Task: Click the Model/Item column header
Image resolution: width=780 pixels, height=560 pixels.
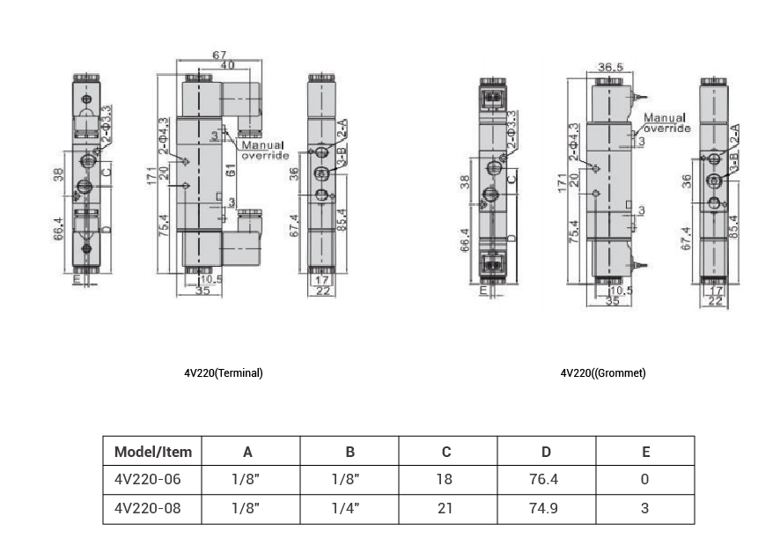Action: (x=152, y=452)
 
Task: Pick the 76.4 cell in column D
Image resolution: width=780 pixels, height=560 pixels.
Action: (x=546, y=480)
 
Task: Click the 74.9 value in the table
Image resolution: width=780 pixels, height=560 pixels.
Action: (x=546, y=508)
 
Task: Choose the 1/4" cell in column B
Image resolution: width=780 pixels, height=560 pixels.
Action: (x=350, y=508)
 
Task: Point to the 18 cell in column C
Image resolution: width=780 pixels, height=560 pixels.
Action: (x=446, y=480)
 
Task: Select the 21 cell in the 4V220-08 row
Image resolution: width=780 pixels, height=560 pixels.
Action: (x=446, y=508)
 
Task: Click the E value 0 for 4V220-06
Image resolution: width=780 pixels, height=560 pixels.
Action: (x=644, y=480)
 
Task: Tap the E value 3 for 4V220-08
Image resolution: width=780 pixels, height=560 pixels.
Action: (x=644, y=508)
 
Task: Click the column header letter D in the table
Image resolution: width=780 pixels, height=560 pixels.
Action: (x=546, y=452)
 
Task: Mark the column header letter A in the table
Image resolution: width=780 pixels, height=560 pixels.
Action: (x=248, y=452)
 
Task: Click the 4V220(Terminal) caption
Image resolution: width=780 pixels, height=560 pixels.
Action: (x=224, y=373)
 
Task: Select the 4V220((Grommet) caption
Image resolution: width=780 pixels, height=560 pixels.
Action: (x=603, y=373)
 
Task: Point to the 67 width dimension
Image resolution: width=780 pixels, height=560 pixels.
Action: (x=219, y=55)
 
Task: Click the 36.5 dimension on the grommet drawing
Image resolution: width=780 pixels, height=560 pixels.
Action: (x=611, y=67)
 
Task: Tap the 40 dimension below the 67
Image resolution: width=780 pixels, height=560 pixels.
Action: (x=227, y=65)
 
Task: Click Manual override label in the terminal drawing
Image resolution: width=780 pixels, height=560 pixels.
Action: (x=264, y=150)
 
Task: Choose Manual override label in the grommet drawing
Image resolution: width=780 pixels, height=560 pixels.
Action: (x=666, y=122)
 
